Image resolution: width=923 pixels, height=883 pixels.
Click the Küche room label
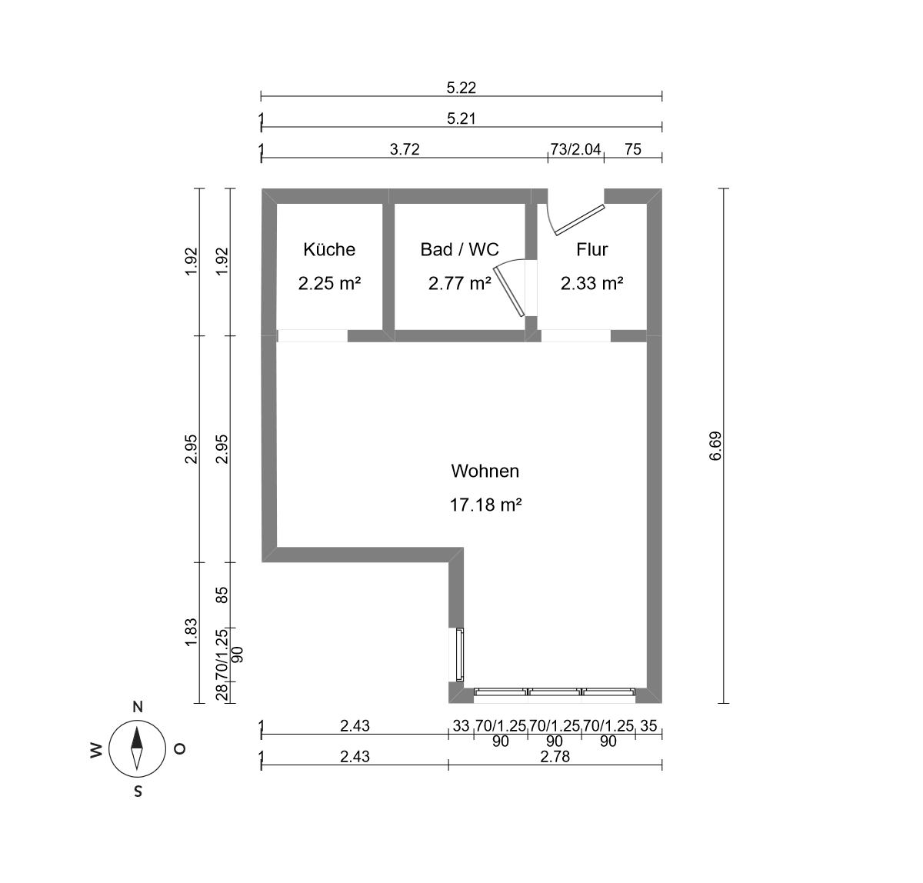point(329,249)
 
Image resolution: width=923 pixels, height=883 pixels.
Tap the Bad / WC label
point(460,249)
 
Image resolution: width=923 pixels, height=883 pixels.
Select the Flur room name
point(592,249)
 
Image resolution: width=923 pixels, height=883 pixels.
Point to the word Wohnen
point(485,471)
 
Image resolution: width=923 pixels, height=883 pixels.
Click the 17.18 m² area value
point(485,505)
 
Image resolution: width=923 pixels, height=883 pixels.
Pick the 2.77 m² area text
point(460,284)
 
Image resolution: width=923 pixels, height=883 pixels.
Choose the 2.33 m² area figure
point(592,284)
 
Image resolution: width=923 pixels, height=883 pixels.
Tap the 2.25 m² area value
point(330,284)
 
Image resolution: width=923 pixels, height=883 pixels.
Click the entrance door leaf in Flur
point(580,219)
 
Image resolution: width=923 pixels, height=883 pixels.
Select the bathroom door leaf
point(509,292)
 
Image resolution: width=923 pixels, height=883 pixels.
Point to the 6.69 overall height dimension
point(715,446)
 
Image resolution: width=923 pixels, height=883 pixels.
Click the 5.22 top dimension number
point(461,88)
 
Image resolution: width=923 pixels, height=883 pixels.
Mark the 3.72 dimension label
point(405,149)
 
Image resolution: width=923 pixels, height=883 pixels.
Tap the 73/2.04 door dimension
point(576,149)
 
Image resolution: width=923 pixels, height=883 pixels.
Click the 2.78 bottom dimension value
point(555,756)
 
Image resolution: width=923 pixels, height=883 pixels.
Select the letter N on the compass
point(138,707)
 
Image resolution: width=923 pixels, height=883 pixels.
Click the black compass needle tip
point(137,726)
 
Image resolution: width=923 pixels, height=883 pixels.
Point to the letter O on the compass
point(180,749)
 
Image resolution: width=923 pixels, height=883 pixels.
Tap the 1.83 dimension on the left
point(192,631)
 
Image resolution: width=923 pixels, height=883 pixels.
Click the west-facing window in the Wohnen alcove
point(459,655)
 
